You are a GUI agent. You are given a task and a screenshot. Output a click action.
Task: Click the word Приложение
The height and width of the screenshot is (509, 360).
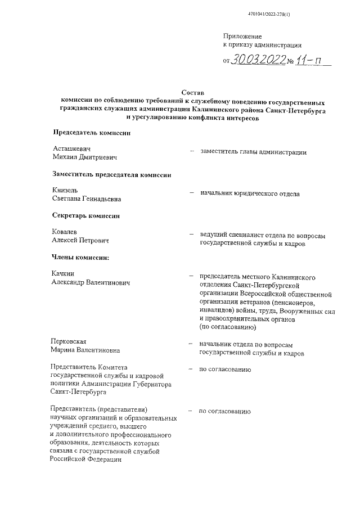pyautogui.click(x=243, y=36)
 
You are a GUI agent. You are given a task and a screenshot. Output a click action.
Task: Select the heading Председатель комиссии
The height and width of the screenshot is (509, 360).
pyautogui.click(x=92, y=133)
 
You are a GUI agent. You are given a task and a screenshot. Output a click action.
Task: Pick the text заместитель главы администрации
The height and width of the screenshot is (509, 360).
pyautogui.click(x=253, y=152)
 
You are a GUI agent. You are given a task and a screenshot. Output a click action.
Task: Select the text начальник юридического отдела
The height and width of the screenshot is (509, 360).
pyautogui.click(x=250, y=194)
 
